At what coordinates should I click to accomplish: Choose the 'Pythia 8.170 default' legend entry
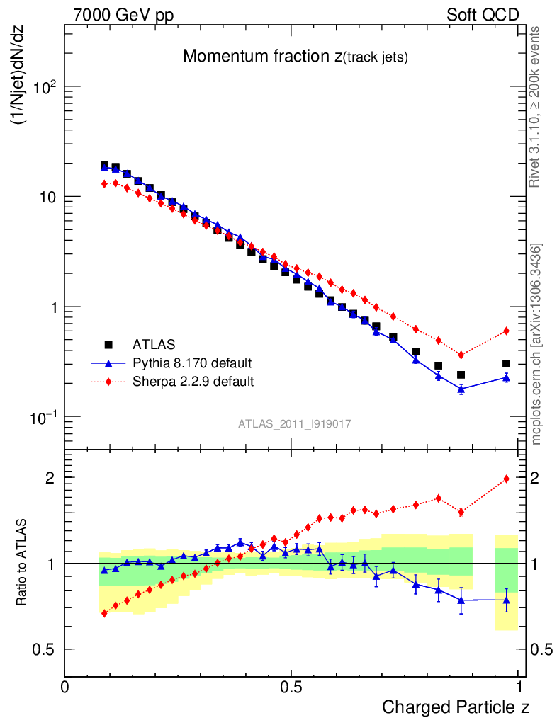coord(192,364)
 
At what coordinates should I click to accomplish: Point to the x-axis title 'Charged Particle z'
coord(456,707)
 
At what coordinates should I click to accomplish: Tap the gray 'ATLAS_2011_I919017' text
coord(295,423)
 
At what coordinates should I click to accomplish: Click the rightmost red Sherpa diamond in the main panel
coord(506,331)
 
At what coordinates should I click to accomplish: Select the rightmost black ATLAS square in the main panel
coord(506,363)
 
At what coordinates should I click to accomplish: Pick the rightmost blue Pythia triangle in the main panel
coord(506,377)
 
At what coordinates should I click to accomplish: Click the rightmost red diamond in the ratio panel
coord(506,479)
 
